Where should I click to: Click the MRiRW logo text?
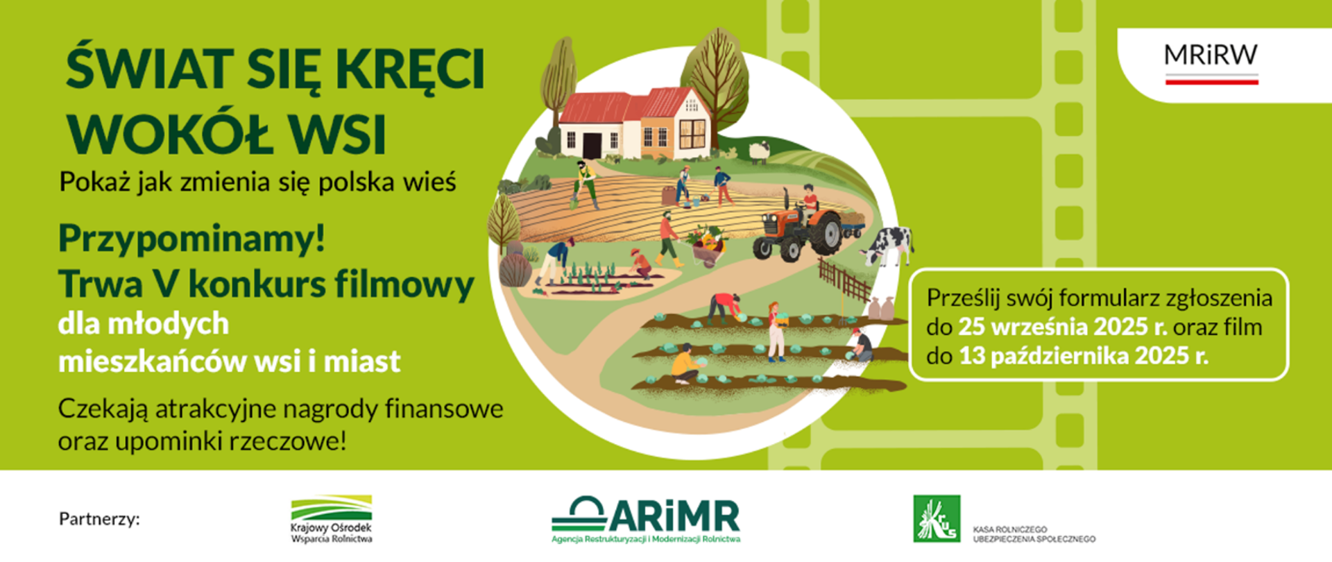(1211, 55)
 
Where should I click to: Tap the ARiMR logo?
(646, 519)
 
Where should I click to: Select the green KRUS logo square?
(937, 518)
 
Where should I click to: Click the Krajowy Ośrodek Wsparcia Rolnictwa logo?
(332, 519)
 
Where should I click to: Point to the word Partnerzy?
(99, 519)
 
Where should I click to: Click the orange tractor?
(798, 225)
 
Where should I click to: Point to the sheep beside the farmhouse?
(759, 151)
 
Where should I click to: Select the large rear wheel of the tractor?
(824, 232)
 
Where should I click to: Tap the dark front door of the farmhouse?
(592, 145)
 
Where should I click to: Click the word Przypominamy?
(192, 239)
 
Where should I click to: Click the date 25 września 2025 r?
(1063, 327)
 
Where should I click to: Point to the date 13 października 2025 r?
(1084, 356)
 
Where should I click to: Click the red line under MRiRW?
(1211, 82)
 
